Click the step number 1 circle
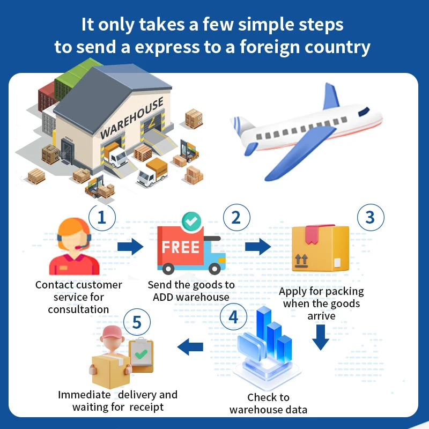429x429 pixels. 102,218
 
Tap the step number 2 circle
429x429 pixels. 236,218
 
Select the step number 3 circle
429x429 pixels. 370,218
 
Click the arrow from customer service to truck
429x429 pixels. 131,247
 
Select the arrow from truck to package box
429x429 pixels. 258,247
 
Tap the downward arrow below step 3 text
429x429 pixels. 321,336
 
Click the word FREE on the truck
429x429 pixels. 181,248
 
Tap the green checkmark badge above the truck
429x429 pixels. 191,220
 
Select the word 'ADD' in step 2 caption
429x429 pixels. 164,297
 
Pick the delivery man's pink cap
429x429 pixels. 112,332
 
